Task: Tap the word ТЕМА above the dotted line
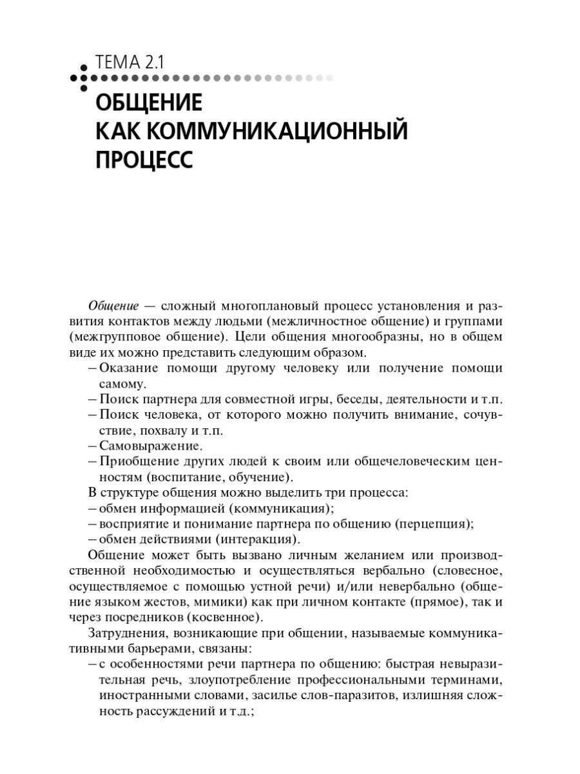pyautogui.click(x=117, y=63)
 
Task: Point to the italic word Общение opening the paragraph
pyautogui.click(x=113, y=305)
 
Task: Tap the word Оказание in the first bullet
pyautogui.click(x=127, y=368)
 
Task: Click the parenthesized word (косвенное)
pyautogui.click(x=225, y=617)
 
